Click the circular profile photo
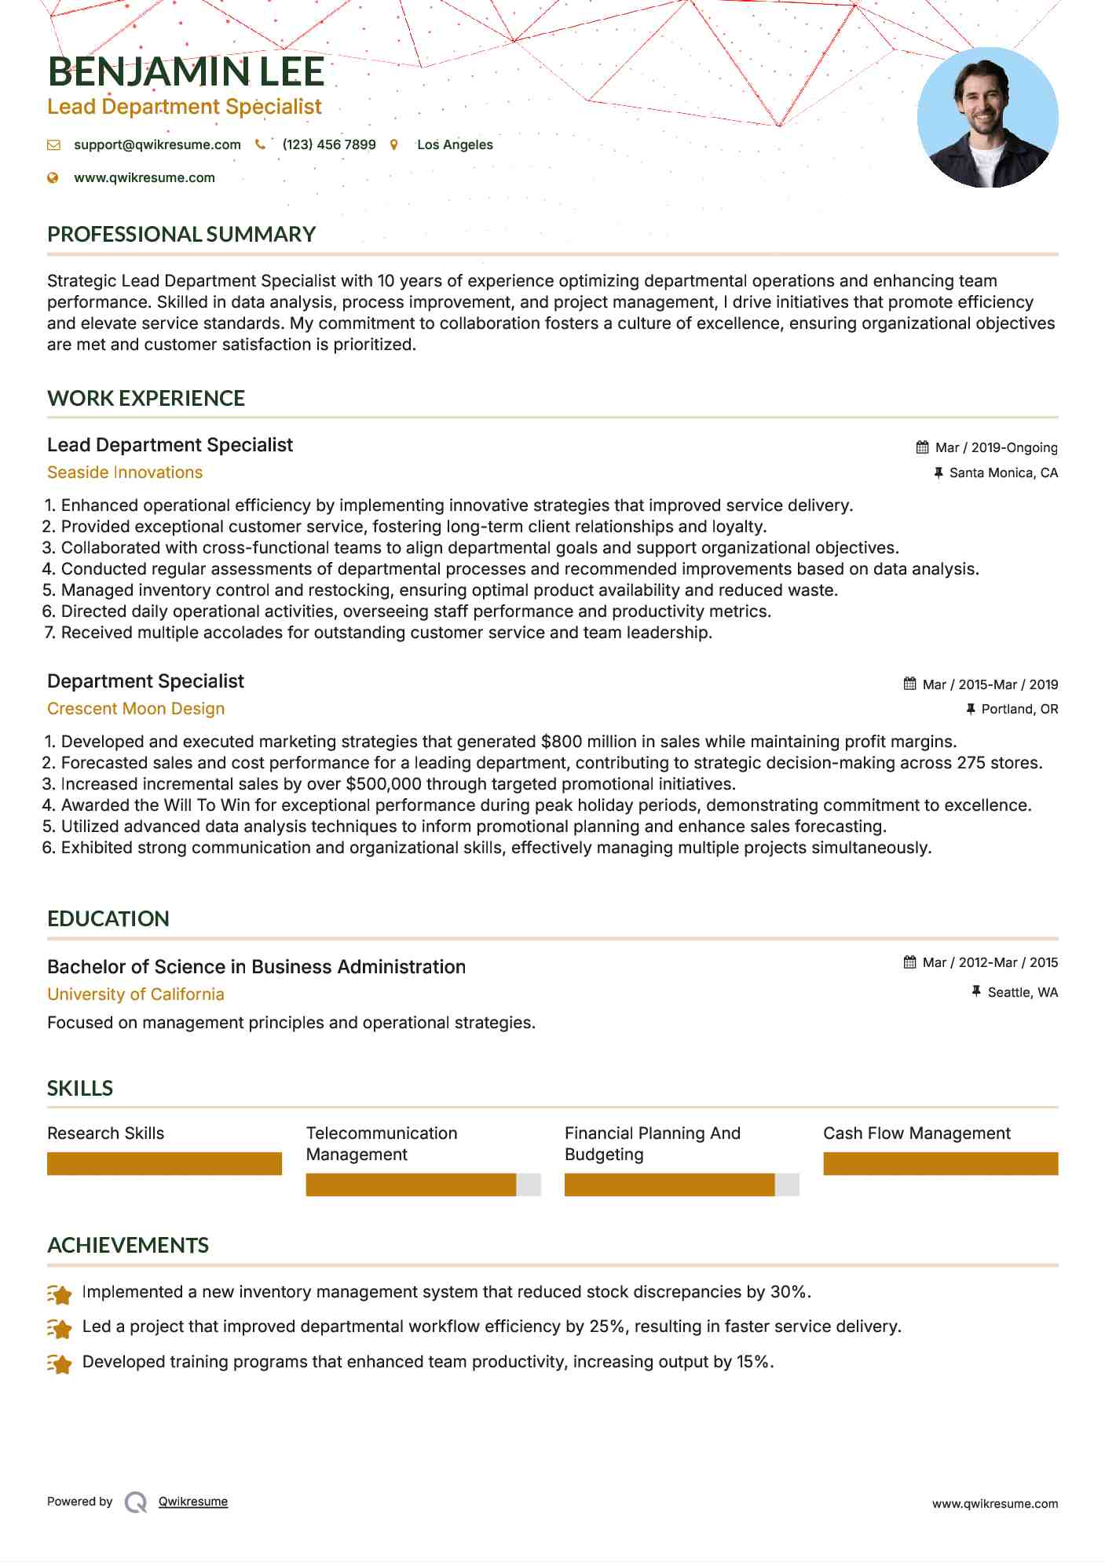pos(987,117)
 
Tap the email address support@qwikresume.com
pos(157,144)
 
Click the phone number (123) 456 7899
pos(329,144)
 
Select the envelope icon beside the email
pos(53,145)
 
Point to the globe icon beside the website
pos(53,178)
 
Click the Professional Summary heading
pos(181,234)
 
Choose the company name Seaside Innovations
pos(125,473)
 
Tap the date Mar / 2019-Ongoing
pos(996,447)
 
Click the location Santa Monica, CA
pos(1003,473)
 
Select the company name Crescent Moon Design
pos(136,709)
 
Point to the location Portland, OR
pos(1019,709)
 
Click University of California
pos(136,994)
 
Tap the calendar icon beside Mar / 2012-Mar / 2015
pos(909,962)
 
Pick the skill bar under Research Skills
pos(164,1163)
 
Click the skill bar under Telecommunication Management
pos(423,1184)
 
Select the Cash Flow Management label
pos(917,1133)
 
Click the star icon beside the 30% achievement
pos(60,1293)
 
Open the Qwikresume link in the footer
pos(193,1502)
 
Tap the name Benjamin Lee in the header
pos(186,71)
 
